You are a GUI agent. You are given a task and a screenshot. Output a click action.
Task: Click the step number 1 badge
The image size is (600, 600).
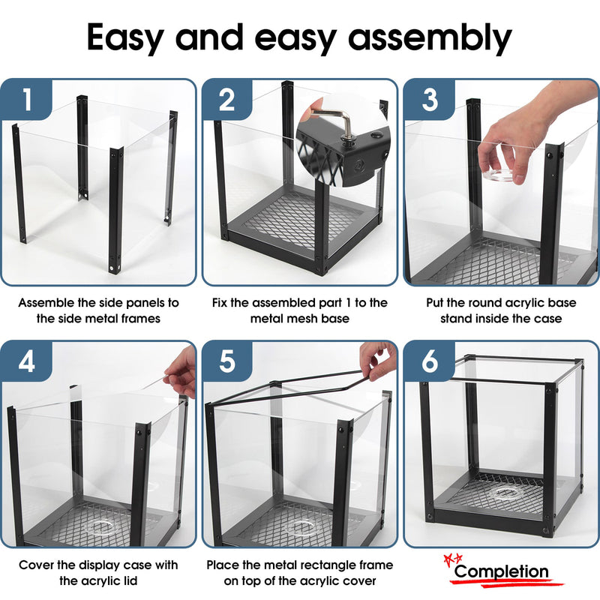click(26, 99)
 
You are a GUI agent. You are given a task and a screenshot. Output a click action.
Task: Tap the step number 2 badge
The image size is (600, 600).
click(227, 99)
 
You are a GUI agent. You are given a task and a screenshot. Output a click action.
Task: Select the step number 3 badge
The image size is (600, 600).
click(429, 99)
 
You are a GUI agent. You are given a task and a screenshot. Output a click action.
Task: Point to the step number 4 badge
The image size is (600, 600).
click(26, 361)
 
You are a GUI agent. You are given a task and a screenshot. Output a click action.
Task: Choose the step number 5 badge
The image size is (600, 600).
click(227, 361)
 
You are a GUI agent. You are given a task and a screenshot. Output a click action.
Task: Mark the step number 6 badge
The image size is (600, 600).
click(429, 361)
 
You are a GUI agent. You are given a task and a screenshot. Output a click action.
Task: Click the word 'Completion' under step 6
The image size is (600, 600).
click(502, 571)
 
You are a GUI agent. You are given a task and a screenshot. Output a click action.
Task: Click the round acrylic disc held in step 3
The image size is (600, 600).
click(500, 175)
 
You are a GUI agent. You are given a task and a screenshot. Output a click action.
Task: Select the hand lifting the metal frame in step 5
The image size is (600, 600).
click(378, 361)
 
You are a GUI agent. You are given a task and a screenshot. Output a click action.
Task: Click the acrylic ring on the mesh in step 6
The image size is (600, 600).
click(507, 493)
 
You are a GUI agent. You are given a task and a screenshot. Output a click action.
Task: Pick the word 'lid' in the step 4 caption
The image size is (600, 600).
click(129, 580)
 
